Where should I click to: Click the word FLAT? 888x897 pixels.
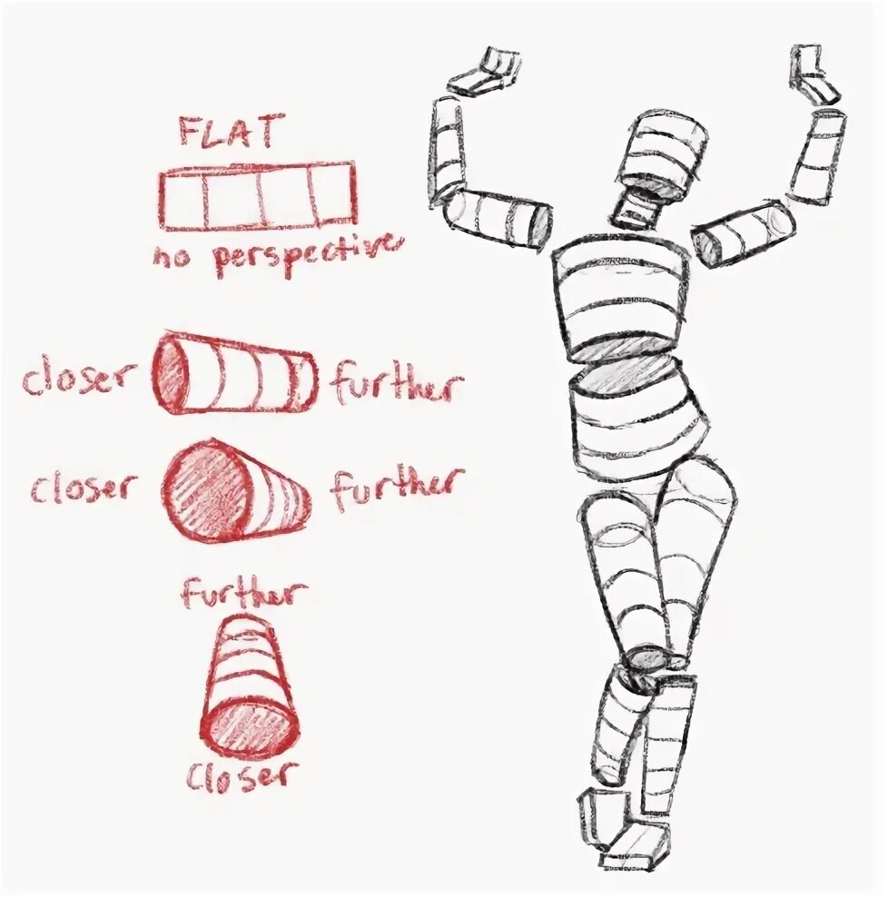click(226, 133)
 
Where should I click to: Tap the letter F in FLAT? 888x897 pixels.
click(190, 133)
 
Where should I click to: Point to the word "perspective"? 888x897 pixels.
click(305, 255)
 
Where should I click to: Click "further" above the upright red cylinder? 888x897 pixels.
click(244, 593)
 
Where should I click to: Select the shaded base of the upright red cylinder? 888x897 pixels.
click(250, 725)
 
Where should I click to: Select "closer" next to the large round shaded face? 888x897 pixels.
click(83, 488)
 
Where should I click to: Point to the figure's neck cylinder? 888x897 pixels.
click(640, 208)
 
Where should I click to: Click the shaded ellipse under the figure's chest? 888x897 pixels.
click(623, 350)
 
